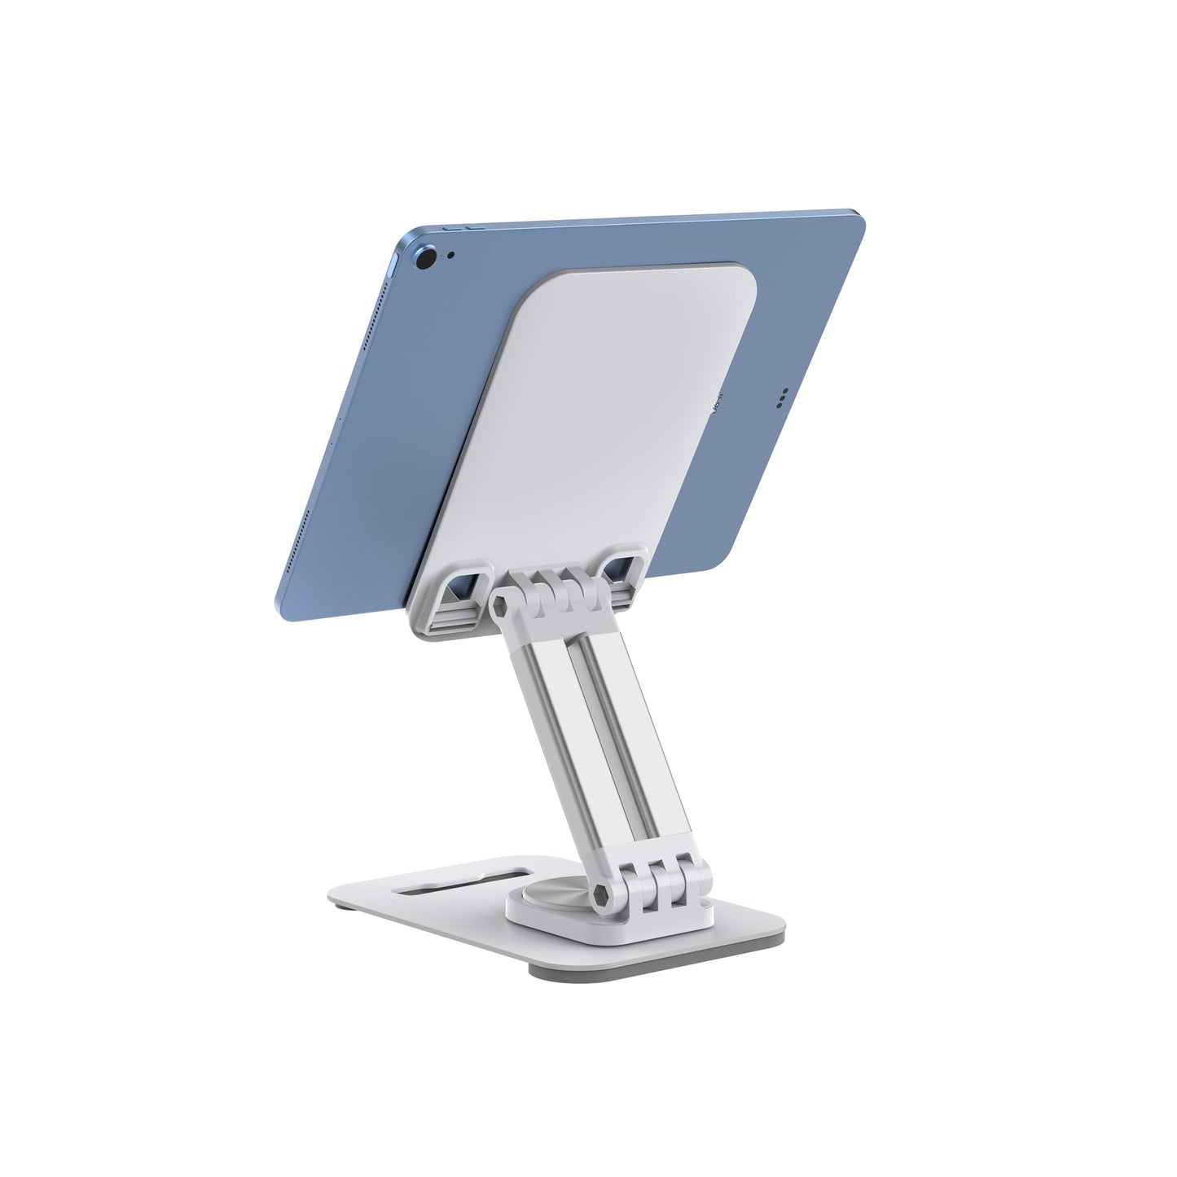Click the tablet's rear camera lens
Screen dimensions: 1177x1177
[x=424, y=260]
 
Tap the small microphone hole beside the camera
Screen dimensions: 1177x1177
[x=451, y=255]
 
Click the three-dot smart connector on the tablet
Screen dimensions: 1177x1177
[x=780, y=397]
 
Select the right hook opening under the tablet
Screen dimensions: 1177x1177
[x=621, y=569]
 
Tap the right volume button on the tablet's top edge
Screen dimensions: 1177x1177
[x=475, y=227]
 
